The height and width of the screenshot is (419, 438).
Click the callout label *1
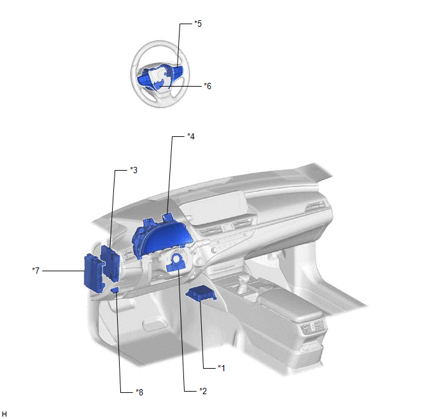pos(222,368)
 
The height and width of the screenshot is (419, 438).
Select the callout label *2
pos(203,391)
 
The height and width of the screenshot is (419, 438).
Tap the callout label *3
pos(134,170)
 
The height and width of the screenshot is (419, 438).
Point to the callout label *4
pos(191,136)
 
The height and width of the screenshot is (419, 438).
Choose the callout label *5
pos(198,24)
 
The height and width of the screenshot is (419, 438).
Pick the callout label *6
pos(208,86)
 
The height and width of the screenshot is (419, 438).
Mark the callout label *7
pos(36,271)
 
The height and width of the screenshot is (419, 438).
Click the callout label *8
pos(139,392)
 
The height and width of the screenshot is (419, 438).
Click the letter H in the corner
pos(4,414)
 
